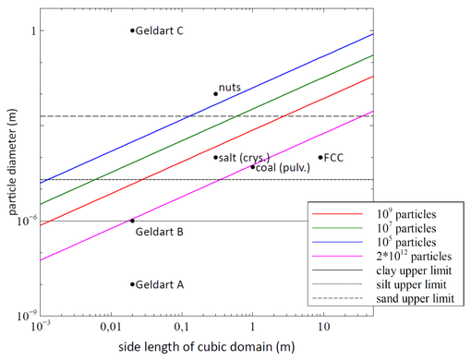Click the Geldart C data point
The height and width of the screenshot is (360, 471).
point(132,30)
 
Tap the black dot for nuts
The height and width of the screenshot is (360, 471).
point(215,93)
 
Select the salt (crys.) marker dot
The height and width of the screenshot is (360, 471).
point(215,157)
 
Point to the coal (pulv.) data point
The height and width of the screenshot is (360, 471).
point(252,167)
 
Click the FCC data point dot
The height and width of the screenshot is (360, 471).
point(320,157)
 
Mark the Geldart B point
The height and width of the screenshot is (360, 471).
point(132,221)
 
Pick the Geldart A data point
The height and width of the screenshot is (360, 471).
point(132,284)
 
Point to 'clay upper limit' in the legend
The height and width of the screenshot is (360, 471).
point(410,270)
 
